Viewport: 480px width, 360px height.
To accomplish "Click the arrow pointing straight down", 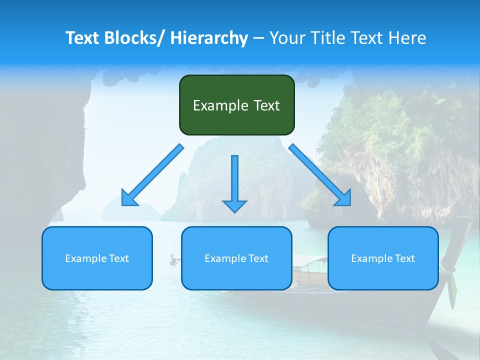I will coord(234,180).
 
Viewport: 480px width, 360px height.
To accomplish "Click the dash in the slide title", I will coord(258,38).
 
